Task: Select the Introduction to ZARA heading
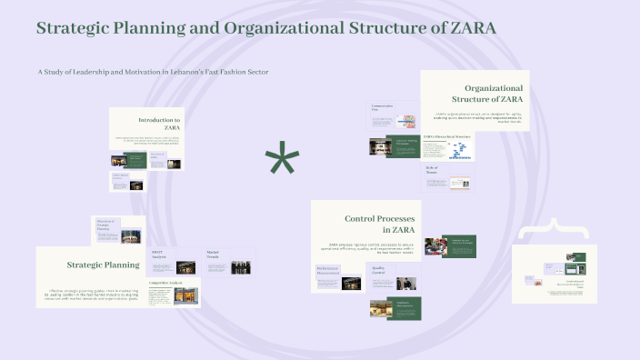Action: pos(159,124)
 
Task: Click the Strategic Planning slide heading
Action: pos(103,265)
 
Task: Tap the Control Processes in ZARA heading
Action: pos(380,224)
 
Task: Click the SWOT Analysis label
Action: pos(158,254)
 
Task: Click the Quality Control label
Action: pos(377,270)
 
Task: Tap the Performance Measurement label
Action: pos(329,270)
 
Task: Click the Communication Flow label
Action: pos(381,108)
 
